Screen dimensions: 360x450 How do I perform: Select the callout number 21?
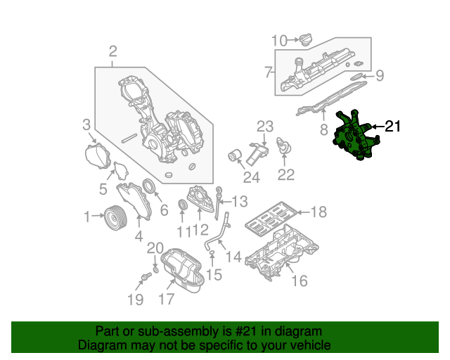point(392,127)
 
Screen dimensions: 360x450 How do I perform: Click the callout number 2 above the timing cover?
point(112,51)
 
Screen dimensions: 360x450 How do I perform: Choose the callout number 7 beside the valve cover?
point(268,72)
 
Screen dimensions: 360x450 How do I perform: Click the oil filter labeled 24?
point(235,155)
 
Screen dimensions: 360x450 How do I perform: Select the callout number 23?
point(264,127)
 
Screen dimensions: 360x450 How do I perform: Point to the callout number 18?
point(319,212)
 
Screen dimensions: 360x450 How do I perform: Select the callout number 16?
point(300,281)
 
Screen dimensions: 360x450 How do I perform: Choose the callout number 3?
point(86,125)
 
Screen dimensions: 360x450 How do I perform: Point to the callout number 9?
point(378,75)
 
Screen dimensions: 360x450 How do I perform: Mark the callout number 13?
point(239,202)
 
